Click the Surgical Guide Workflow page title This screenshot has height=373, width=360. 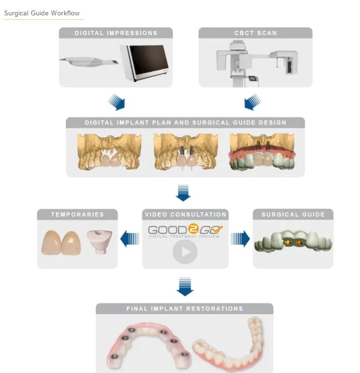pos(42,13)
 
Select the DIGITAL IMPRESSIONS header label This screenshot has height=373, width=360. pos(116,33)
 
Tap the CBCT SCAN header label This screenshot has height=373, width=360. pos(255,33)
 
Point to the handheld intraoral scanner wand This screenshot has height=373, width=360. pos(89,62)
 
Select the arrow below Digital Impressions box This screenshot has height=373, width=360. pos(117,102)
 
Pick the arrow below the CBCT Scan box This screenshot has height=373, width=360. pos(252,102)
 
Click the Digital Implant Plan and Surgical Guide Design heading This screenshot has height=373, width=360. pos(185,123)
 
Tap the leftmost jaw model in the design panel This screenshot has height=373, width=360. pos(104,151)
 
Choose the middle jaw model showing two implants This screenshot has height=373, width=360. pos(185,151)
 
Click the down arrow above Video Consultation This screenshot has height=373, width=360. pos(183,193)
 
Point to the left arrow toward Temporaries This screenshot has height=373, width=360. pos(129,238)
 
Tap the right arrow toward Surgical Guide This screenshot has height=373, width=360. pos(241,238)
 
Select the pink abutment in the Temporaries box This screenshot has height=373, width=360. pos(100,241)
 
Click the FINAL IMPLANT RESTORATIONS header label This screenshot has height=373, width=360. pos(184,309)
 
